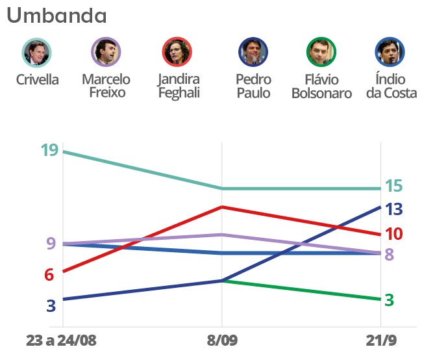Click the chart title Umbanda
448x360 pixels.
pyautogui.click(x=57, y=16)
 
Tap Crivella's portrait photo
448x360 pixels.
pyautogui.click(x=37, y=53)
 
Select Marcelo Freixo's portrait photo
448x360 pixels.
pyautogui.click(x=106, y=53)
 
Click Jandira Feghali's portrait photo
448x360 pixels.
pyautogui.click(x=178, y=53)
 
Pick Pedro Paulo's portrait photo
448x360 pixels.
pyautogui.click(x=253, y=53)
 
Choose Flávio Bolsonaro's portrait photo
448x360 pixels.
pyautogui.click(x=321, y=53)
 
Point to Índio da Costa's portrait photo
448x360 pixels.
pyautogui.click(x=390, y=53)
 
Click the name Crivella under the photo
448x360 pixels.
pyautogui.click(x=37, y=80)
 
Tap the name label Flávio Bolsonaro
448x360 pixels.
pyautogui.click(x=321, y=86)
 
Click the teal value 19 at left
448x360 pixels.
pyautogui.click(x=49, y=151)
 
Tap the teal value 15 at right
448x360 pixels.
pyautogui.click(x=393, y=186)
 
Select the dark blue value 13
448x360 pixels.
pyautogui.click(x=394, y=209)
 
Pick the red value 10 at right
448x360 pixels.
pyautogui.click(x=394, y=234)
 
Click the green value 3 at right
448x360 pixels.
pyautogui.click(x=390, y=300)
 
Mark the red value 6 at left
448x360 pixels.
pyautogui.click(x=49, y=275)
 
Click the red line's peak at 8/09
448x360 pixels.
pyautogui.click(x=222, y=207)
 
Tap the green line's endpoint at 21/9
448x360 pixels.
pyautogui.click(x=380, y=300)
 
